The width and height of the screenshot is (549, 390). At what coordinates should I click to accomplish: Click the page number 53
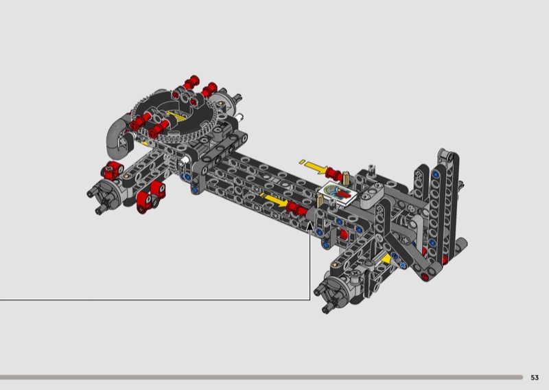point(535,378)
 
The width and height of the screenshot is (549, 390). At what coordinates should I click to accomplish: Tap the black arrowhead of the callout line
point(310,227)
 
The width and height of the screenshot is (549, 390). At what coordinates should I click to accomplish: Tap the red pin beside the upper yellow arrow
point(334,174)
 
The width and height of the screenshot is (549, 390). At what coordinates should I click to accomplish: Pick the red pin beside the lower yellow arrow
point(296,208)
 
